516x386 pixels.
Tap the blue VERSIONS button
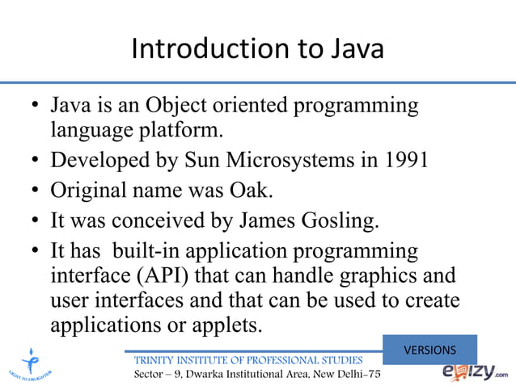[429, 350]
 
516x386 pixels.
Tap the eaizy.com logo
[475, 371]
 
